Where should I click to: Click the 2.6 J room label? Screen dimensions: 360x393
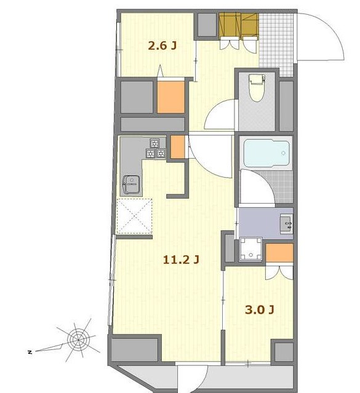[162, 46]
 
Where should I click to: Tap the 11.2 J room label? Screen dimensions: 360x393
[181, 260]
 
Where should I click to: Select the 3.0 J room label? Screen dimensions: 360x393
[259, 310]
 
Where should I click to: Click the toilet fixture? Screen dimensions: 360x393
[257, 88]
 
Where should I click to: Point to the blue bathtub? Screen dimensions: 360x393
[266, 153]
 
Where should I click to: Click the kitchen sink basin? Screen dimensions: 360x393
[130, 185]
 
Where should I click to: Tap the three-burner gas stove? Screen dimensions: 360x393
[156, 149]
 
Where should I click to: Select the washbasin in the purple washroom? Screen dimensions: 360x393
[287, 224]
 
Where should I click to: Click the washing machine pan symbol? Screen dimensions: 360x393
[250, 249]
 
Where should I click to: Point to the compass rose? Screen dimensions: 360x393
[78, 340]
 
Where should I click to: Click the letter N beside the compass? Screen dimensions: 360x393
[30, 352]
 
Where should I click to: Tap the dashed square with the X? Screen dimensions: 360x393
[135, 216]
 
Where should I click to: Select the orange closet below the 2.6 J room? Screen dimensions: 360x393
[171, 97]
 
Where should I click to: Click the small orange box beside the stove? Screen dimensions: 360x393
[177, 147]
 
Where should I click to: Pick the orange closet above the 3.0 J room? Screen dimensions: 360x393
[279, 253]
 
